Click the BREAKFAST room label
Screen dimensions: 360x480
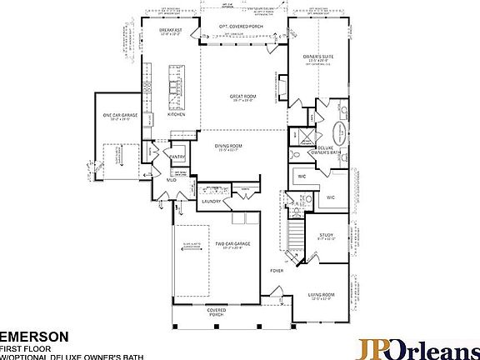click(170, 29)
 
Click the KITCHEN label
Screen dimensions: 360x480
click(177, 114)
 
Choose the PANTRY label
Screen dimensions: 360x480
click(177, 156)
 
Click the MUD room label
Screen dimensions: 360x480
click(171, 178)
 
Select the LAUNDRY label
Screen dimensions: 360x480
click(211, 201)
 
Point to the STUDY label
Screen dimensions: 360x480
click(326, 236)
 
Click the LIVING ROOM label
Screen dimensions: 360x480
click(327, 294)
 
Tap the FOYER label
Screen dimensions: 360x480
click(277, 271)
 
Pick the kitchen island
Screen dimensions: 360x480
click(175, 86)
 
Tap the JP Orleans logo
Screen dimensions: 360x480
click(417, 347)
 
